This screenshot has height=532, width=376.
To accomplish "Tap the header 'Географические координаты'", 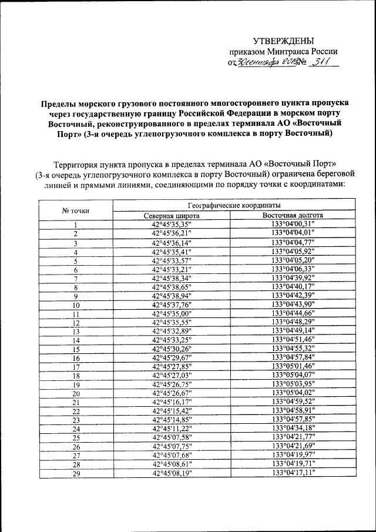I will [x=233, y=206].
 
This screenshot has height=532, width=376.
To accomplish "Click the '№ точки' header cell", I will [x=76, y=210].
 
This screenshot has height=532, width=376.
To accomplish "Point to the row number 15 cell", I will [x=76, y=349].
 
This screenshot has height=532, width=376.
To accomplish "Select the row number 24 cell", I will [x=76, y=429].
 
